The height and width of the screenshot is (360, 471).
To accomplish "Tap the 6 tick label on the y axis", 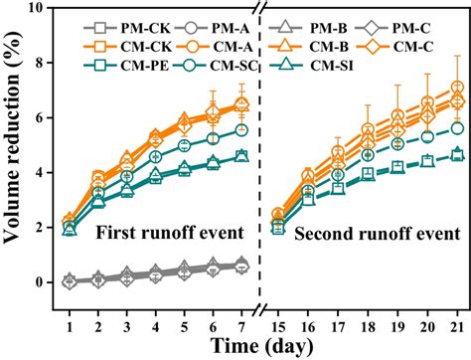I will tap(39, 118).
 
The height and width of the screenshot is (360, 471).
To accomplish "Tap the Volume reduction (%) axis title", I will tap(13, 145).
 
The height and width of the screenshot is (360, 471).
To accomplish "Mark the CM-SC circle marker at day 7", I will tap(241, 129).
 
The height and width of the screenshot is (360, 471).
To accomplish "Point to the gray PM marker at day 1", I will tap(69, 281).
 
